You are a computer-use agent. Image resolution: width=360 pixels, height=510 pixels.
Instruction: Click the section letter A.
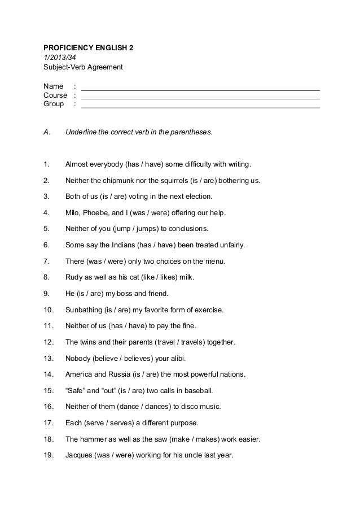47,133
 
